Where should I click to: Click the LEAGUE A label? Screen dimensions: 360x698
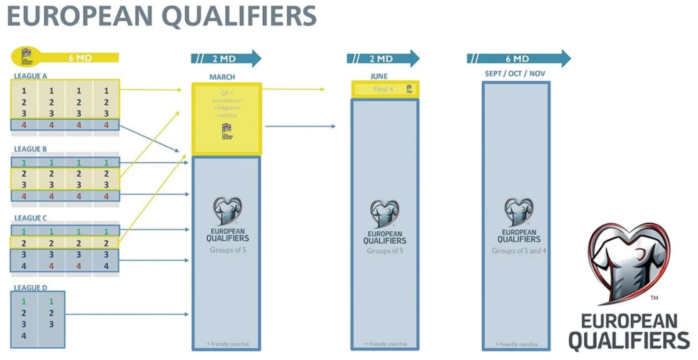(x=31, y=76)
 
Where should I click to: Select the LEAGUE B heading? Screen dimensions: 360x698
(x=31, y=149)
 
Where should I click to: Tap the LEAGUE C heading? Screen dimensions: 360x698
(x=31, y=218)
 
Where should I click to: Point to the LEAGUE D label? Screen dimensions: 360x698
(x=31, y=288)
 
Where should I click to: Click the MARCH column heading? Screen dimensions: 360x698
(x=222, y=77)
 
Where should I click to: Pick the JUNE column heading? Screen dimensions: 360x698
(x=379, y=76)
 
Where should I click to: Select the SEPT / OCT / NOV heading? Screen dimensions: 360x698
(x=515, y=74)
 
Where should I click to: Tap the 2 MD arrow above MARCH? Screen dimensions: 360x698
(x=226, y=58)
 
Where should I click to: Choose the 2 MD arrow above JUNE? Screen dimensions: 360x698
(x=383, y=58)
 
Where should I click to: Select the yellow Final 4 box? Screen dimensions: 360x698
(x=384, y=89)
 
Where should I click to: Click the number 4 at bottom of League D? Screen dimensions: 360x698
(x=24, y=336)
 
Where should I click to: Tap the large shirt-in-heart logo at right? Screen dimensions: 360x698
(x=628, y=263)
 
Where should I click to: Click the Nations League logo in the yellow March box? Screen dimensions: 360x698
(x=226, y=131)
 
